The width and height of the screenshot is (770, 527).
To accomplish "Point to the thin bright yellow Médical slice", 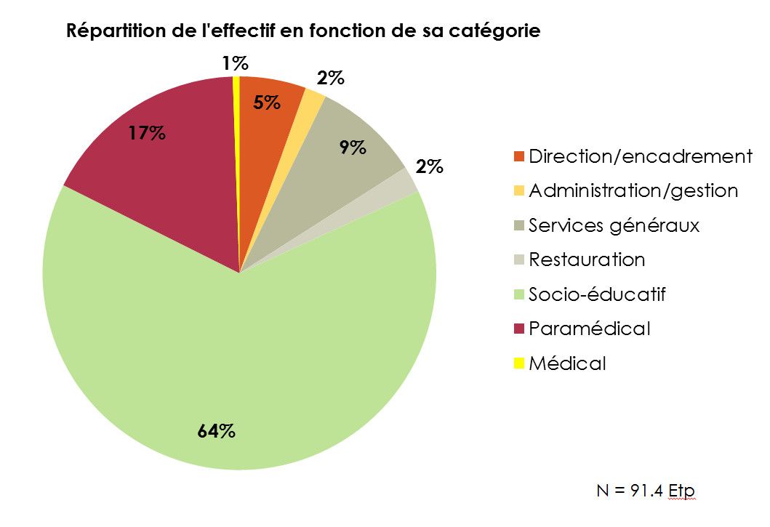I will [237, 145].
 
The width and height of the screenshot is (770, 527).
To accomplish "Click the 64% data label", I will [217, 431].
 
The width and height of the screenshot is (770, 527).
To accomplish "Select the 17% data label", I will [147, 134].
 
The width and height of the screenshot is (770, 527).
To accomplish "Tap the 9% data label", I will [352, 148].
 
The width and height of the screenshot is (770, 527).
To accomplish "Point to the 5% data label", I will [267, 102].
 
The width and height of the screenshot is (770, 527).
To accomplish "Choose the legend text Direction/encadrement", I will [640, 156].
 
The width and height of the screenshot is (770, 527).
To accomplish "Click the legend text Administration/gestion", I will [633, 190].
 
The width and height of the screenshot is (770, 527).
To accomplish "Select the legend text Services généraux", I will [614, 225].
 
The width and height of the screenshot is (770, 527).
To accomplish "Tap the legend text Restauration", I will [587, 260].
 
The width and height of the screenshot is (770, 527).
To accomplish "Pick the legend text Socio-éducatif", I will [597, 294].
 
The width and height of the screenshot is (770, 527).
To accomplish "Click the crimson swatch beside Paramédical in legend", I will [518, 329].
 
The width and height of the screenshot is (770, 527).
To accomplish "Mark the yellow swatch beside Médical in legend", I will [518, 363].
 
